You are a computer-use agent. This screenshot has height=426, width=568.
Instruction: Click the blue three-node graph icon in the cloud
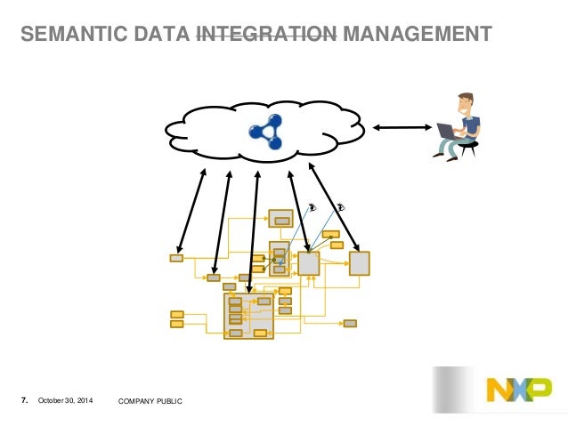click(x=266, y=131)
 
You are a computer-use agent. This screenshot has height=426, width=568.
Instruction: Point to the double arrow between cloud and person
click(x=402, y=128)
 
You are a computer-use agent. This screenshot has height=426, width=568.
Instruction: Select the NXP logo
click(x=517, y=390)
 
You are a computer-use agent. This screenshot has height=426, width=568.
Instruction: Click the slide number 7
click(x=24, y=403)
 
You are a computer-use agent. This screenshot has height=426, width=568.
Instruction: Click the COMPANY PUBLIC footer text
click(x=150, y=403)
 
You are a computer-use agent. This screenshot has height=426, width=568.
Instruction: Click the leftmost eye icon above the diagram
click(x=312, y=208)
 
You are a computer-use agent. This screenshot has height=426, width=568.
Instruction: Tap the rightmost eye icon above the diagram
click(x=341, y=208)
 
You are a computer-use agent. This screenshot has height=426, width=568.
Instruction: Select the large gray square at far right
click(x=359, y=263)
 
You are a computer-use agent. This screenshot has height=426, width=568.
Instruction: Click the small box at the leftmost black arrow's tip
click(x=176, y=258)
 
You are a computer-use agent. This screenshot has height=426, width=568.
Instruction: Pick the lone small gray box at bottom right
click(x=350, y=323)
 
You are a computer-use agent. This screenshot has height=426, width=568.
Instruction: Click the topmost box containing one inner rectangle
click(x=281, y=219)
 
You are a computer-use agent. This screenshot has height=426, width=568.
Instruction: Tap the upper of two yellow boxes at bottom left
click(x=176, y=314)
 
